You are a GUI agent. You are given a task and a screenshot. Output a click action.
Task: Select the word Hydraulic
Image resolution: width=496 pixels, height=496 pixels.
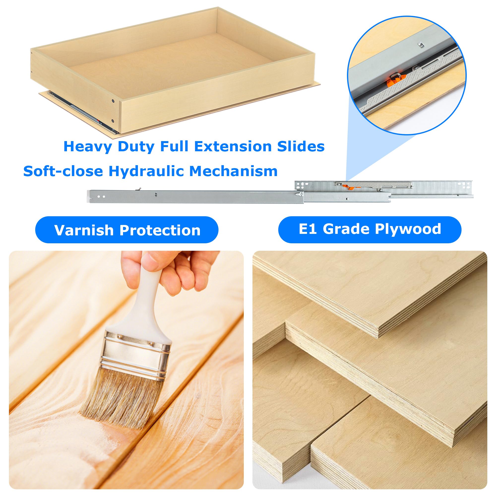pos(146,171)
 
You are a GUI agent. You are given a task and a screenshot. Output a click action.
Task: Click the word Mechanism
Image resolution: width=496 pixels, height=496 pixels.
pos(233,171)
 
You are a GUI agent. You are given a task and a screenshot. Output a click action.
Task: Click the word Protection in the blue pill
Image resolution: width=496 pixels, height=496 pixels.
pos(160,230)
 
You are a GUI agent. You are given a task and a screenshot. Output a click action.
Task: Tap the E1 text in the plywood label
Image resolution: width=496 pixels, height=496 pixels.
pos(308,229)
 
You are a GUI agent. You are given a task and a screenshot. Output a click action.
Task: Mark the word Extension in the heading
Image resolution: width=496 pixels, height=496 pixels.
pos(233,147)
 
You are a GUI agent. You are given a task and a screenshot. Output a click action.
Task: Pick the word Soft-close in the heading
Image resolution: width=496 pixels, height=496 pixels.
pos(63,171)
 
